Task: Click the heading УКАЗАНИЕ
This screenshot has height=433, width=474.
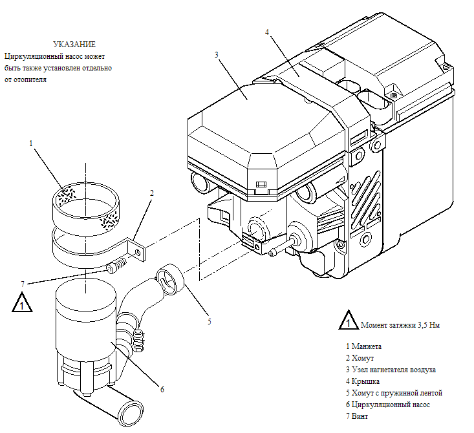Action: click(x=76, y=45)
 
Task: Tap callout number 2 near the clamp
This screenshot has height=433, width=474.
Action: click(x=151, y=193)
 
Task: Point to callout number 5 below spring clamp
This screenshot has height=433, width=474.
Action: click(x=209, y=321)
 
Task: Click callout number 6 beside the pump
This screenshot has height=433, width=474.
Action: click(x=162, y=388)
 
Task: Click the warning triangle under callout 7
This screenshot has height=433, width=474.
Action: click(x=23, y=303)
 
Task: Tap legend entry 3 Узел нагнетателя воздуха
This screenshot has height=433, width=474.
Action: click(x=391, y=370)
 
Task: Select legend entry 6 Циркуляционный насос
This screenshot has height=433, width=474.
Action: click(x=388, y=405)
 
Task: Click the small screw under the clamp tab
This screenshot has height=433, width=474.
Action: click(x=116, y=265)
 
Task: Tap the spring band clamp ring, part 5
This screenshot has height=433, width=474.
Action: click(x=171, y=277)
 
